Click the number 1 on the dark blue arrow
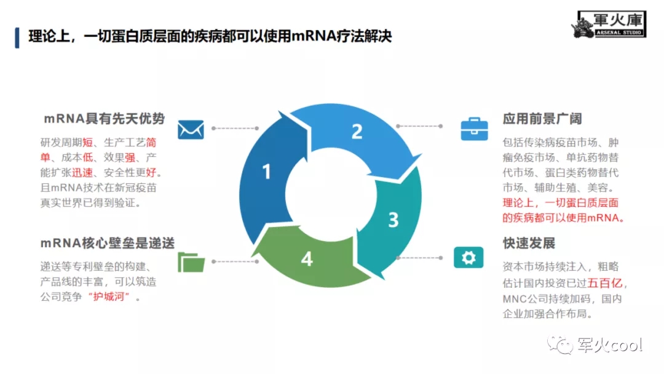point(266,172)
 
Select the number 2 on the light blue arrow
point(357,131)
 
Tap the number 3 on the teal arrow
point(393,220)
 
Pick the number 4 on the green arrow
point(307,259)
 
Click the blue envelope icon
point(191,130)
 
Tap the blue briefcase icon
point(474,129)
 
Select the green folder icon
point(191,262)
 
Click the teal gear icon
point(468,258)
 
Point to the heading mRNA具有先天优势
point(104,119)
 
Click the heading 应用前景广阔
point(542,119)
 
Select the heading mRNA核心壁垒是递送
point(108,243)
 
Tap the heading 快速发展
point(529,243)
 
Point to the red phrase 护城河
point(108,296)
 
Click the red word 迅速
point(82,173)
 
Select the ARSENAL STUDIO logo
point(609,24)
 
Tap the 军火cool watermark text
point(610,345)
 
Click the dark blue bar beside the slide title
point(17,38)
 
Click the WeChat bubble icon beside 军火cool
point(560,344)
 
